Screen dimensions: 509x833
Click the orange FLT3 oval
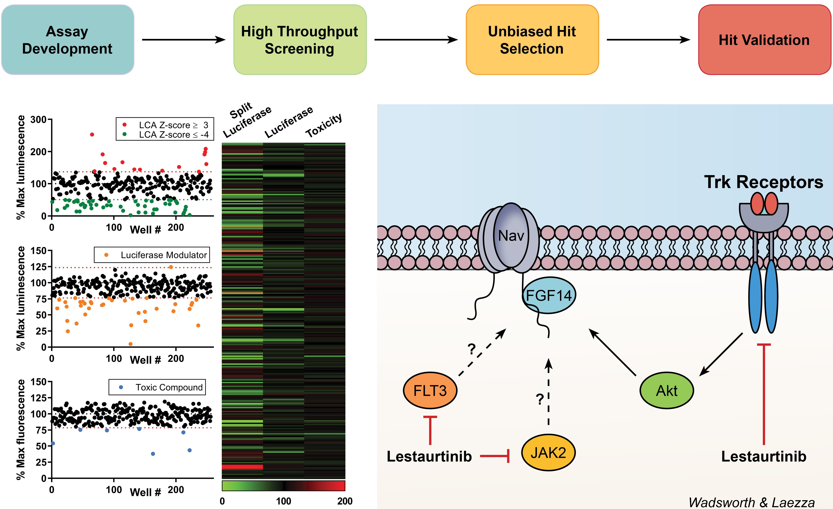click(430, 391)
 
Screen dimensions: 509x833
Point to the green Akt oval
click(667, 391)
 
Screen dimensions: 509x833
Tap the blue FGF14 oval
click(549, 295)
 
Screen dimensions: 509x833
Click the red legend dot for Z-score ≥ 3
click(124, 125)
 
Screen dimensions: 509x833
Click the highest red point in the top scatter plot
click(92, 135)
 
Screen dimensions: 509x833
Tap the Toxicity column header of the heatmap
click(324, 126)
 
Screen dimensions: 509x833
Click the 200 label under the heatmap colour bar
click(344, 501)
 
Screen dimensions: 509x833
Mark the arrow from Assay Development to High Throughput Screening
click(184, 40)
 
